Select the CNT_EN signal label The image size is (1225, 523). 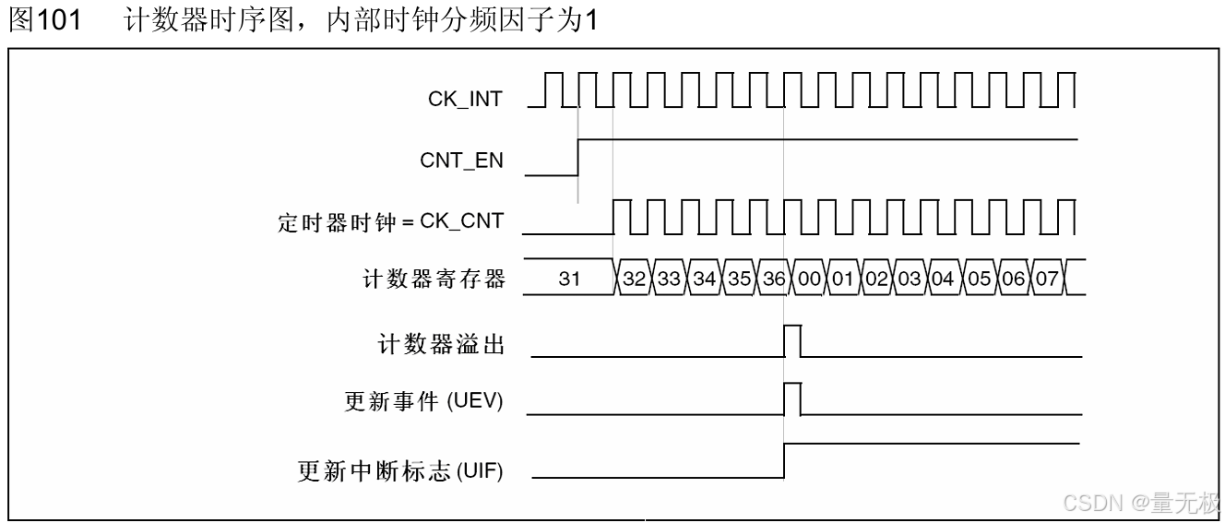462,161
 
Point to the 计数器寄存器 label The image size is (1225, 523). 434,279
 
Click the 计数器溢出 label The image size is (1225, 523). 441,344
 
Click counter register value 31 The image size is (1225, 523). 570,279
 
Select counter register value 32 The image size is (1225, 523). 634,279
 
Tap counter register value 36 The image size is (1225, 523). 773,279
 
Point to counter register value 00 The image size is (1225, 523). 809,279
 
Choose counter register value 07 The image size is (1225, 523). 1045,279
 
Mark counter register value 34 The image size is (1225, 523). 704,279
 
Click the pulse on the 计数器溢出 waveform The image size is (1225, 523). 792,340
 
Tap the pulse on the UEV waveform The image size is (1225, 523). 792,398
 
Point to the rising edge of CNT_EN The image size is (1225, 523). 578,157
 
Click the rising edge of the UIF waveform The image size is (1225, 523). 784,460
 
